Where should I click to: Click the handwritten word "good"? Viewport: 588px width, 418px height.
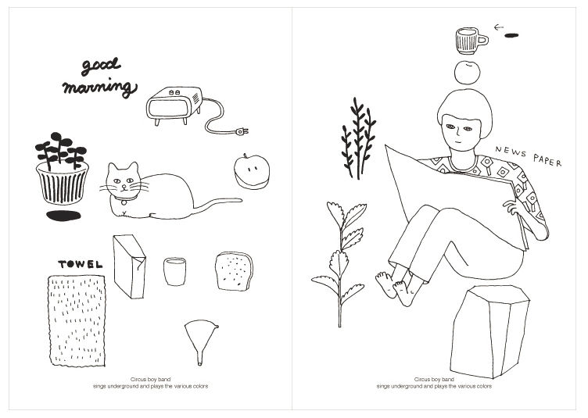[x=91, y=66]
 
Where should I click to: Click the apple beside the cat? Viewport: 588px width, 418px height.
[x=250, y=171]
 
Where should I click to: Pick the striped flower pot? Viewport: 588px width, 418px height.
[x=63, y=185]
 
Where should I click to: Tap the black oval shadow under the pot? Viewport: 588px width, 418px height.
[x=63, y=216]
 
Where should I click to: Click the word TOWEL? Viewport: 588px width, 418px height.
[x=81, y=264]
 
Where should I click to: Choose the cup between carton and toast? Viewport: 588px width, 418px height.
[x=176, y=272]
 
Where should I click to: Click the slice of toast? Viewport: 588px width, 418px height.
[x=234, y=270]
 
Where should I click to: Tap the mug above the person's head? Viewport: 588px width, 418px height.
[x=469, y=39]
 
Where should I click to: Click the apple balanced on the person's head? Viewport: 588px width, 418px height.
[x=468, y=72]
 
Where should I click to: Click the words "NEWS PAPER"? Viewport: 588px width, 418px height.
[x=528, y=156]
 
